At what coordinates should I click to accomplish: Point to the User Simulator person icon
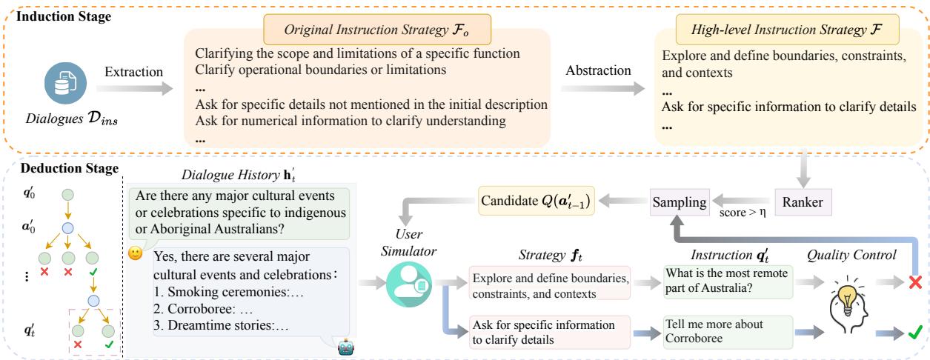(x=404, y=283)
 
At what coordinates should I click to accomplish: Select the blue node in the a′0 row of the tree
(x=67, y=228)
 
